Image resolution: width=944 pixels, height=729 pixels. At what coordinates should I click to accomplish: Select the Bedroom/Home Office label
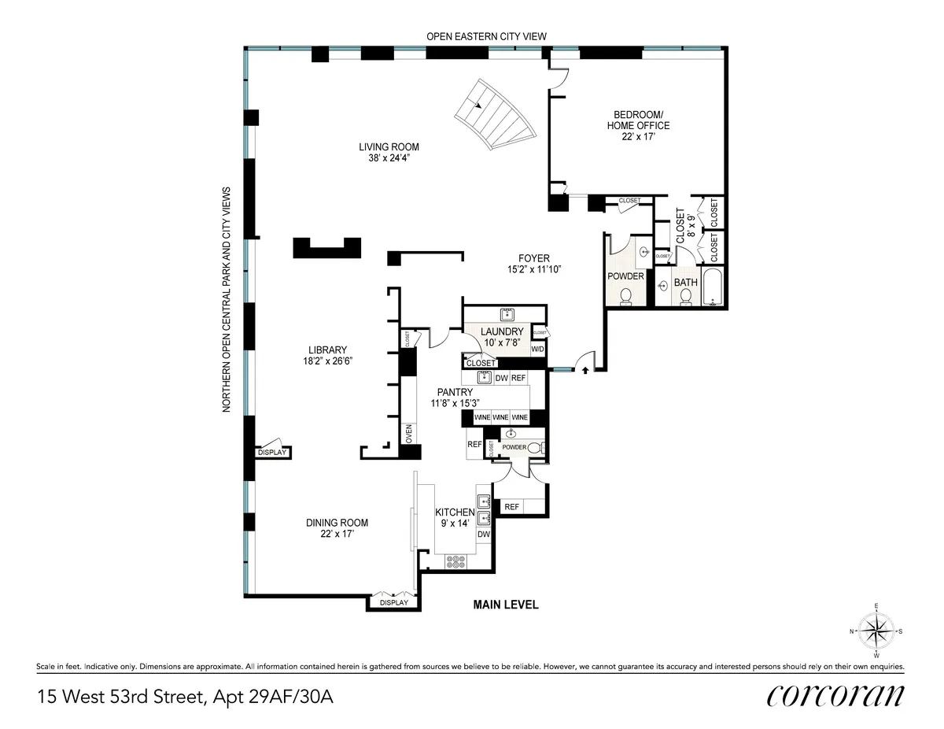(638, 126)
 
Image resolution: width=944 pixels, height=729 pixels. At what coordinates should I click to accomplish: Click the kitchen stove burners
(455, 561)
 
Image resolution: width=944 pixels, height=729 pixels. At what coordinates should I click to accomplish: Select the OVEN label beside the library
(408, 434)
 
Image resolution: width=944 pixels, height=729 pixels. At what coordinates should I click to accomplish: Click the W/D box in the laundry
(538, 349)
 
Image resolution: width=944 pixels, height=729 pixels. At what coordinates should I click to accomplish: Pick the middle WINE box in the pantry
(500, 416)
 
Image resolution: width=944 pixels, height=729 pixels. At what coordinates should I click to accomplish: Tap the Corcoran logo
(835, 696)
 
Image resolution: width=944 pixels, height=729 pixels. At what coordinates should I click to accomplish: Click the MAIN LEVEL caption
(505, 605)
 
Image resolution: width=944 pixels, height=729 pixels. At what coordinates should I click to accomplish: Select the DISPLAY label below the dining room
(393, 602)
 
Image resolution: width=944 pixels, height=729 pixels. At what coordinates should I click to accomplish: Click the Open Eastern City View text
(486, 36)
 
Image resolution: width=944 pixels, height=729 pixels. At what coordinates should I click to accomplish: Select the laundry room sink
(507, 313)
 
